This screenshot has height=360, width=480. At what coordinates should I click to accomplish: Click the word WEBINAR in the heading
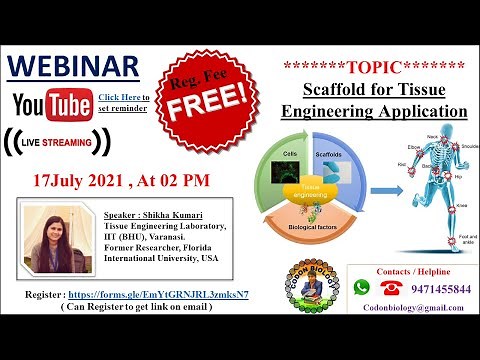pyautogui.click(x=73, y=66)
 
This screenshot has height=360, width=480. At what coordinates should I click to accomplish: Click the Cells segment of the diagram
pyautogui.click(x=291, y=165)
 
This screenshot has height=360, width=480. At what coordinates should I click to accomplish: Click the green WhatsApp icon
pyautogui.click(x=361, y=287)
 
